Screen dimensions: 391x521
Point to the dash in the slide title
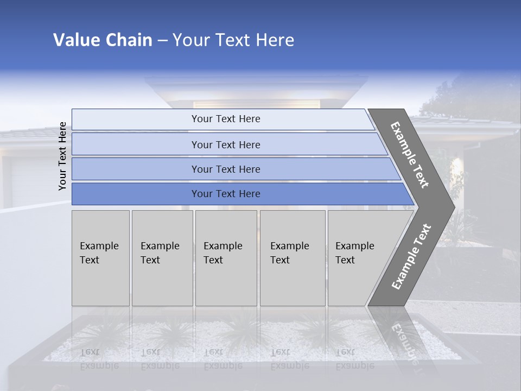click(x=162, y=41)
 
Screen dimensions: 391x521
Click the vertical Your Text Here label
click(x=62, y=156)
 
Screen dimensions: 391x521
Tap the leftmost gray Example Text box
click(x=100, y=258)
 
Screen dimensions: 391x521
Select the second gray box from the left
click(x=162, y=258)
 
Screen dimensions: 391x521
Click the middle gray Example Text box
click(x=226, y=258)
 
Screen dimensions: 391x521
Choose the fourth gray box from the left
click(x=292, y=258)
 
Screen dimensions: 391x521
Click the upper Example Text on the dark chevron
click(x=410, y=155)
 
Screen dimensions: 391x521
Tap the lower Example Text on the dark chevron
click(x=411, y=256)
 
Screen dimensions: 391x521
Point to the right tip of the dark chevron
click(x=454, y=207)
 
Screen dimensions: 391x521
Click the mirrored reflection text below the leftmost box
click(x=99, y=358)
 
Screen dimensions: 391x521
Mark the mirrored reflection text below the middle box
click(x=223, y=358)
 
